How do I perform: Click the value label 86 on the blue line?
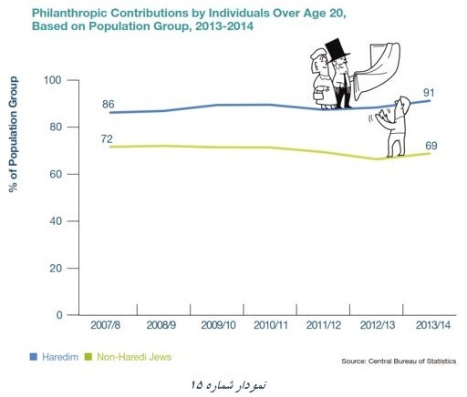pyautogui.click(x=109, y=105)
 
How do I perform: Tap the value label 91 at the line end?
pyautogui.click(x=429, y=93)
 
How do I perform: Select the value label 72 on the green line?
pyautogui.click(x=107, y=139)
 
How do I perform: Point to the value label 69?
pyautogui.click(x=431, y=146)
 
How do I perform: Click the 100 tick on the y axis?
pyautogui.click(x=53, y=80)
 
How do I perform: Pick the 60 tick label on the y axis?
pyautogui.click(x=56, y=174)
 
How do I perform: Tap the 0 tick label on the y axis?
pyautogui.click(x=59, y=315)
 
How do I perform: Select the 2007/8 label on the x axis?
pyautogui.click(x=106, y=325)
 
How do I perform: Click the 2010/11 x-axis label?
pyautogui.click(x=271, y=325)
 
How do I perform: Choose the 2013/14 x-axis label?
pyautogui.click(x=433, y=325)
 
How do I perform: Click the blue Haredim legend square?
pyautogui.click(x=34, y=357)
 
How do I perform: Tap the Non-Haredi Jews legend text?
pyautogui.click(x=134, y=357)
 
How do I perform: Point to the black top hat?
pyautogui.click(x=337, y=49)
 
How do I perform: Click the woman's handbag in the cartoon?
pyautogui.click(x=318, y=94)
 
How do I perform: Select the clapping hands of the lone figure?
pyautogui.click(x=382, y=117)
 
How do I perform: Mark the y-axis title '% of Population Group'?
pyautogui.click(x=14, y=134)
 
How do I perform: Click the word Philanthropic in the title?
pyautogui.click(x=69, y=14)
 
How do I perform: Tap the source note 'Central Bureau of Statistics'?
pyautogui.click(x=412, y=361)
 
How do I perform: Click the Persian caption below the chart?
pyautogui.click(x=229, y=385)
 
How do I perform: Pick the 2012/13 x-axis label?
pyautogui.click(x=378, y=325)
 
